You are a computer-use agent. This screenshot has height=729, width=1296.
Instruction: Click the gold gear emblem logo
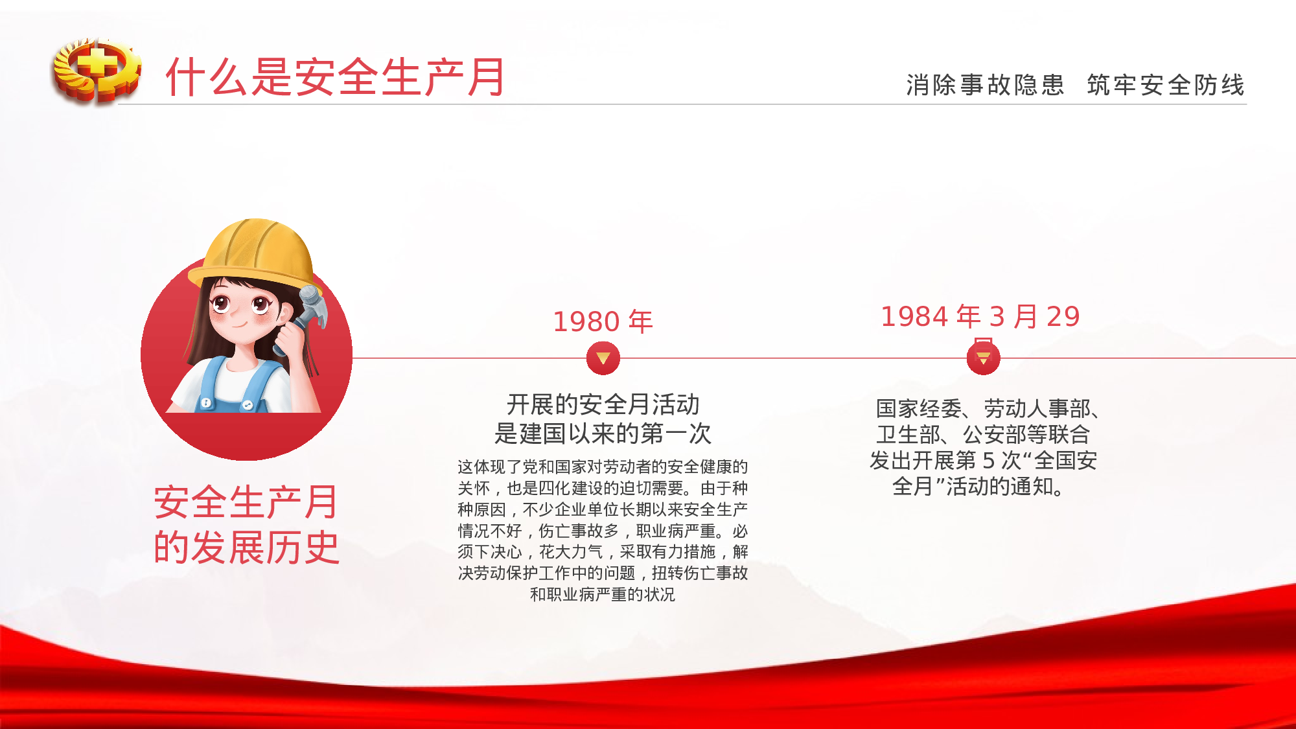point(97,70)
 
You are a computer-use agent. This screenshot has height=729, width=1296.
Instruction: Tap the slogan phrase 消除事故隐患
point(985,85)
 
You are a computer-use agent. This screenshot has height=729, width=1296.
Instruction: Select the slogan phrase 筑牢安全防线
point(1166,85)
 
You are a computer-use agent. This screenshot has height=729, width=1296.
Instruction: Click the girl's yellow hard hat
point(256,253)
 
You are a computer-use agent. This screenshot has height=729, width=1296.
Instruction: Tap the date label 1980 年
point(603,321)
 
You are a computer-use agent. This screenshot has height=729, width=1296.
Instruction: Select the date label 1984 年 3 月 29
point(980,316)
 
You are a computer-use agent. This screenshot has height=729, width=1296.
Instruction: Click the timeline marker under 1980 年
point(603,358)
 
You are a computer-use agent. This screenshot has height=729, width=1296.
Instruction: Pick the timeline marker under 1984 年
point(983,358)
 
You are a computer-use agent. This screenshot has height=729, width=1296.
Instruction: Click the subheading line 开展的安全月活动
point(603,404)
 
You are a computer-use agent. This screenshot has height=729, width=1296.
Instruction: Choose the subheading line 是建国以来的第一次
point(603,434)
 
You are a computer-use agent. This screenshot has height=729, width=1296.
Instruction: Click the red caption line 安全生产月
point(246,502)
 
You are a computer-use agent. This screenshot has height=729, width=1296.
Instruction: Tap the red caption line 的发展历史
point(246,548)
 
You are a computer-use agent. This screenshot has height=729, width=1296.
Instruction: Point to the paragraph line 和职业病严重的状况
point(603,594)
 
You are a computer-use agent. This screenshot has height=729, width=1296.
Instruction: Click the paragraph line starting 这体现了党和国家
point(603,467)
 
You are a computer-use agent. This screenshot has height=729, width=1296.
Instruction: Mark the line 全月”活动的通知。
point(978,486)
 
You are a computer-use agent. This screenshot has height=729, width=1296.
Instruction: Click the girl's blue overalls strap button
point(206,402)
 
